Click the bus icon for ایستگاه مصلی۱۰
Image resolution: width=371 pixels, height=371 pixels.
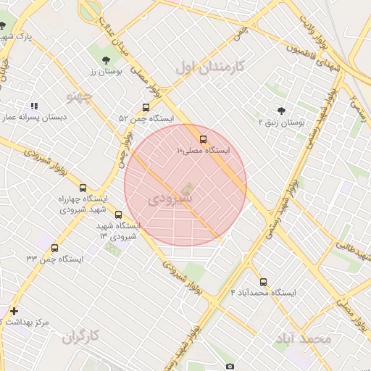tap(203, 139)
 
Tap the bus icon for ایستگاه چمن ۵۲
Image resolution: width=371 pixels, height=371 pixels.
tap(146, 107)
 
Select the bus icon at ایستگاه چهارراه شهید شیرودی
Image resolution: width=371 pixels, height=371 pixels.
tap(82, 187)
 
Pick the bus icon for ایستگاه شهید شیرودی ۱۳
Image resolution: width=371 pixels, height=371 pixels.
tap(119, 214)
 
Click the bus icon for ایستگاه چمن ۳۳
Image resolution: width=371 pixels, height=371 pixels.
tap(55, 248)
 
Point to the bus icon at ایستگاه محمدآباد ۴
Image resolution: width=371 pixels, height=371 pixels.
tap(263, 282)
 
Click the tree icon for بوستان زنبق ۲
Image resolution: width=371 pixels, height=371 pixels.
tap(281, 111)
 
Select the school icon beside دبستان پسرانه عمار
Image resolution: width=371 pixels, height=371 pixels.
tap(34, 106)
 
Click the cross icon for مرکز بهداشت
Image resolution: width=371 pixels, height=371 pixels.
tap(14, 311)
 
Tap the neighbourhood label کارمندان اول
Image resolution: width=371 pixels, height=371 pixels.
tap(211, 67)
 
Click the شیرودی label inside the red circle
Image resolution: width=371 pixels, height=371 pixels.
tap(171, 198)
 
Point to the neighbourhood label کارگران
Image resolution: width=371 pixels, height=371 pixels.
tap(80, 336)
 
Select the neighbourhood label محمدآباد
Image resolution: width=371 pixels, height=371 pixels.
tap(303, 339)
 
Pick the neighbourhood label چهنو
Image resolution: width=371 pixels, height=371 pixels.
tap(80, 97)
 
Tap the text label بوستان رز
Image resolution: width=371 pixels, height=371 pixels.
tap(107, 72)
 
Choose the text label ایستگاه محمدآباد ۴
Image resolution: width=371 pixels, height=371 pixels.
tap(263, 293)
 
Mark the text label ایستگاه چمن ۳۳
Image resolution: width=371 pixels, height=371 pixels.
tap(55, 259)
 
